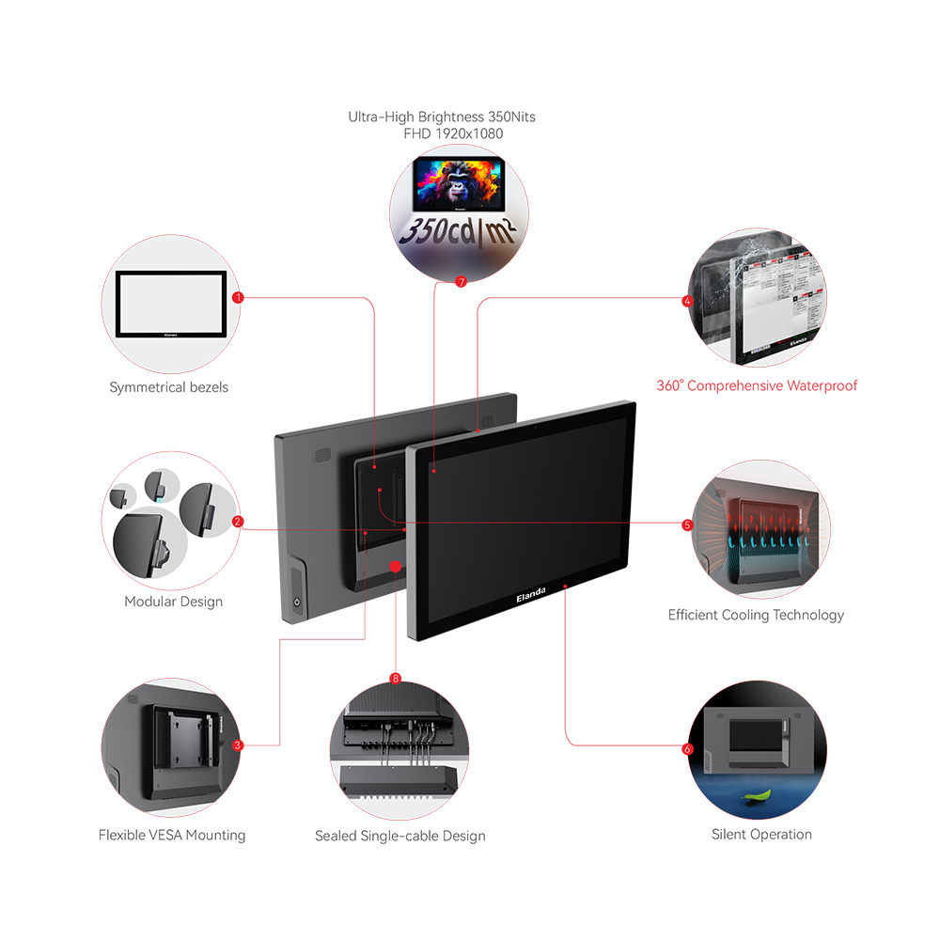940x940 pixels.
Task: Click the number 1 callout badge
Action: (x=235, y=297)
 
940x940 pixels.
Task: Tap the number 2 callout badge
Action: (x=237, y=521)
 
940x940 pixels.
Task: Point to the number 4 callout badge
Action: (x=687, y=302)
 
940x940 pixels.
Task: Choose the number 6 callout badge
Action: (x=687, y=749)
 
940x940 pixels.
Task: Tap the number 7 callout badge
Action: (x=461, y=281)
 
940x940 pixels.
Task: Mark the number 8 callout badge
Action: (x=395, y=677)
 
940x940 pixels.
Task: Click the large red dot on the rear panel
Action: (x=396, y=567)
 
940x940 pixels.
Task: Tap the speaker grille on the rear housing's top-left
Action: (x=321, y=455)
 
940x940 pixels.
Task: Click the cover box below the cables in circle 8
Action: (x=398, y=777)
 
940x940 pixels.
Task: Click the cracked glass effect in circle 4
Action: (x=724, y=282)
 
